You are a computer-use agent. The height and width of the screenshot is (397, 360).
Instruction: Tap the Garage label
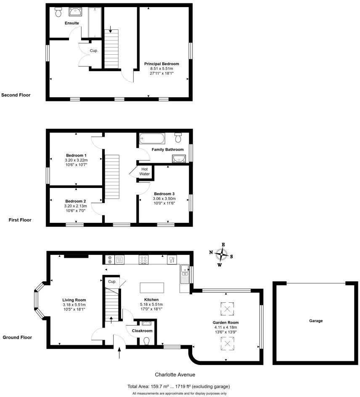click(x=316, y=321)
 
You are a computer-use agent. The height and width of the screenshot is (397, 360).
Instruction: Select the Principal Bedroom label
click(x=161, y=64)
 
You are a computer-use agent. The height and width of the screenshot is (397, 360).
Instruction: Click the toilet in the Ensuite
click(x=58, y=13)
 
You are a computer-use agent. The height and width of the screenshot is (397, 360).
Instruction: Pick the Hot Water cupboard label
click(x=144, y=171)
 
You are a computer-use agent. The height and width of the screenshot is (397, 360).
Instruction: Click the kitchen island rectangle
click(x=152, y=288)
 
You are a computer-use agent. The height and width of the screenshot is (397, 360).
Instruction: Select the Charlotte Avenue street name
click(x=175, y=374)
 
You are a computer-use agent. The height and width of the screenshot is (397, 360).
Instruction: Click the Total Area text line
click(x=178, y=386)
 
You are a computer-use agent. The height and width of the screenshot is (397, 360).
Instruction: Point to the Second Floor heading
click(x=16, y=95)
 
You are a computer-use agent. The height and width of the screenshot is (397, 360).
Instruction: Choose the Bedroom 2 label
click(x=76, y=201)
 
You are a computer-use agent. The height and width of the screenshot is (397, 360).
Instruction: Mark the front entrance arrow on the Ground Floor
click(x=120, y=352)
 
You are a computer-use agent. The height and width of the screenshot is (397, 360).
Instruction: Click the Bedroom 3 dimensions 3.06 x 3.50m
click(x=164, y=198)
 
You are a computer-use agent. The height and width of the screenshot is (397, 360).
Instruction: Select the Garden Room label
click(x=225, y=322)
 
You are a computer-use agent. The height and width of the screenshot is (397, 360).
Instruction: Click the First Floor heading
click(x=20, y=220)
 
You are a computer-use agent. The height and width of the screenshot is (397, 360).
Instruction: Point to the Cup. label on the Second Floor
click(x=94, y=50)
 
